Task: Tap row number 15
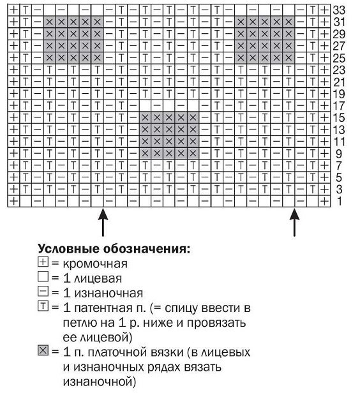[341, 117]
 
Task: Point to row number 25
[341, 57]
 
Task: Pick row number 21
[341, 82]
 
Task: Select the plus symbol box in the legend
[43, 264]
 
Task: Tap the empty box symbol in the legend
[43, 278]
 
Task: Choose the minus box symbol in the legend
[43, 293]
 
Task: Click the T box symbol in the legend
[43, 308]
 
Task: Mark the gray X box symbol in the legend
[43, 352]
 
